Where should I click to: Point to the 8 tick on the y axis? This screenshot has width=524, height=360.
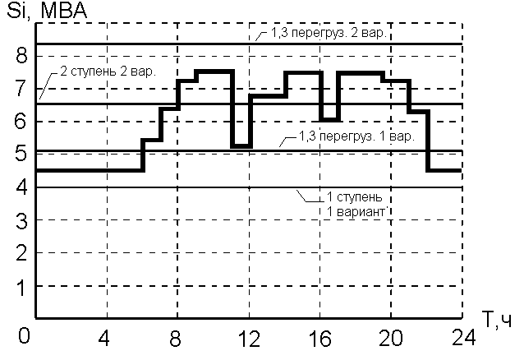22,55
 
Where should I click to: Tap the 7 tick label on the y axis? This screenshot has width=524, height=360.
22,88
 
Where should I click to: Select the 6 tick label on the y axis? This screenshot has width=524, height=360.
22,121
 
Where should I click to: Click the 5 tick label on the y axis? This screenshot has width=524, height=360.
22,154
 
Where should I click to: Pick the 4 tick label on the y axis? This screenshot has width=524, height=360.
22,187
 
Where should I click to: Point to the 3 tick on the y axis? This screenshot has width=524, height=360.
22,220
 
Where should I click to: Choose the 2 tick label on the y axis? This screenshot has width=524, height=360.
22,253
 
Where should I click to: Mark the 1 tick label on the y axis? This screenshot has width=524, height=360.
22,286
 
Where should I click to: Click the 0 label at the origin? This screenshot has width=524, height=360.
24,337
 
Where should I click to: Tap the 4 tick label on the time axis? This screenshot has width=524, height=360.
104,337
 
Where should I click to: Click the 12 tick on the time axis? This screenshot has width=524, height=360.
248,337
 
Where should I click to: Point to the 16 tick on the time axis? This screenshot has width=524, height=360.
320,337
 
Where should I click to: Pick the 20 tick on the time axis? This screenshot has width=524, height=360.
392,337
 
